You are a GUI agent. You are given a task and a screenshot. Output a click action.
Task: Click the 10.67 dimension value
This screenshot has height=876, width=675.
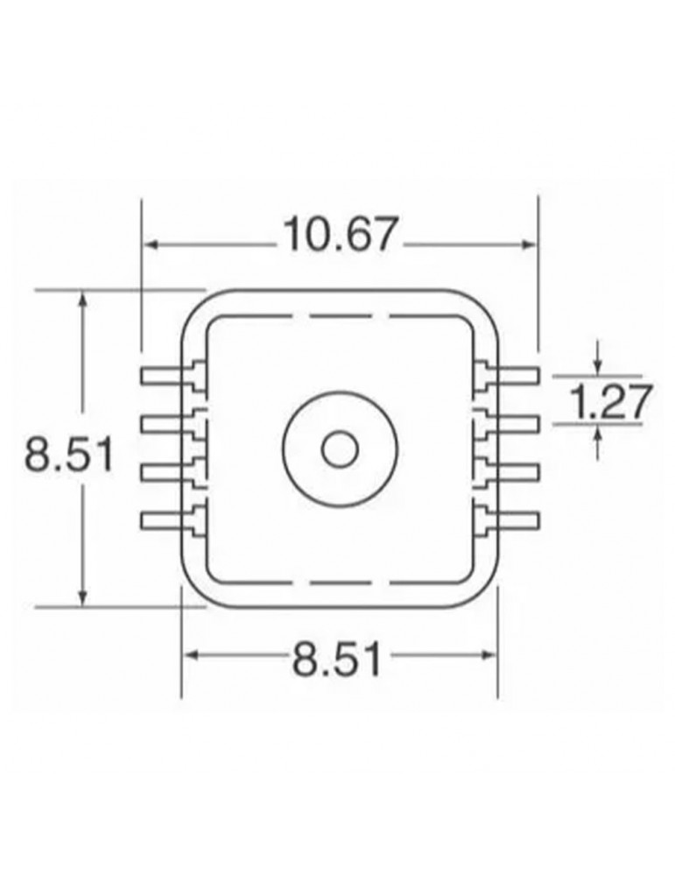click(x=341, y=236)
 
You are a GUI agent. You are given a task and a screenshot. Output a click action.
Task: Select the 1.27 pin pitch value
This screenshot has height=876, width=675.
click(x=610, y=403)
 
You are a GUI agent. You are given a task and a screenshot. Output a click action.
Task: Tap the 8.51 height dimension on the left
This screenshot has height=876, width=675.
click(x=69, y=456)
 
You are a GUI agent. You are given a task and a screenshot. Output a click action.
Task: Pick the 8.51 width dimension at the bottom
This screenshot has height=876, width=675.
click(x=338, y=659)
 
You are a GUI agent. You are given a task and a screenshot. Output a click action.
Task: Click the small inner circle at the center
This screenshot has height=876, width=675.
click(x=339, y=449)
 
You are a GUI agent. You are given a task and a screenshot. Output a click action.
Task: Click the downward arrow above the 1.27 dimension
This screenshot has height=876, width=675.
click(x=597, y=364)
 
